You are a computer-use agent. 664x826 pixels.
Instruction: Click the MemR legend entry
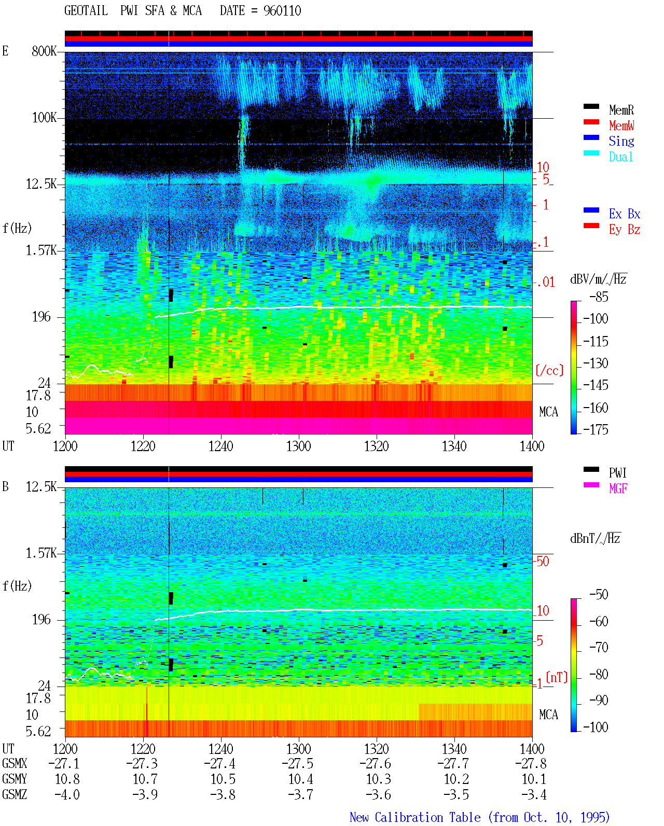[621, 110]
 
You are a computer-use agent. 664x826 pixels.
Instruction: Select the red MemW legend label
[621, 125]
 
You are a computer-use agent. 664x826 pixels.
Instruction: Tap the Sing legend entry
[621, 141]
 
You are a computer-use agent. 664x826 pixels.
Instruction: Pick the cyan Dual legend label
[620, 157]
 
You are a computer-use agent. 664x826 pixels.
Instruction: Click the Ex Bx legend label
[624, 214]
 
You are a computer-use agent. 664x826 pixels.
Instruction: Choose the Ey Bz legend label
[624, 230]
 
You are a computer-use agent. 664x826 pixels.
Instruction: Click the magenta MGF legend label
[618, 488]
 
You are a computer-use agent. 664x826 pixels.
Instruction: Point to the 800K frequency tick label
[44, 51]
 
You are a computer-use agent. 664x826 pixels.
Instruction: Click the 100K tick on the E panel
[44, 118]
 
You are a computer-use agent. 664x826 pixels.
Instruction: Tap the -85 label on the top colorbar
[599, 297]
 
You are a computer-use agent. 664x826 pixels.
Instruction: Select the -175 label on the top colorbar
[596, 429]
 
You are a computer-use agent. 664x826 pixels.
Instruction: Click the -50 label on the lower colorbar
[599, 595]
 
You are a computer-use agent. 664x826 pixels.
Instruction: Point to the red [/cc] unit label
[549, 370]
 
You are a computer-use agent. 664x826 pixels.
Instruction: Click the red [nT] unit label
[557, 677]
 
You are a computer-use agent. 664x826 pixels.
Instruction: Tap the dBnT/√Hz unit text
[596, 538]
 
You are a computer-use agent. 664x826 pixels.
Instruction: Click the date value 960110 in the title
[282, 10]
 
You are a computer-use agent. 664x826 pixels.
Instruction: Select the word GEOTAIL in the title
[86, 10]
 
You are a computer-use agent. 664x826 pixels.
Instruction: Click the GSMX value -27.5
[298, 764]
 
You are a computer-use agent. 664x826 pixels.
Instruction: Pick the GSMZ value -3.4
[534, 794]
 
